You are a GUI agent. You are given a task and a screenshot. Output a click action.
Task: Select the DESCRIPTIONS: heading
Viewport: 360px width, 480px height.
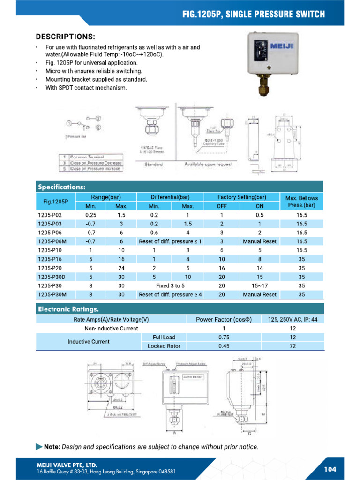tap(66, 36)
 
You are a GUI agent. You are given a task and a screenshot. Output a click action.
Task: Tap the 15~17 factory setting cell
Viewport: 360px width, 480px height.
tap(260, 285)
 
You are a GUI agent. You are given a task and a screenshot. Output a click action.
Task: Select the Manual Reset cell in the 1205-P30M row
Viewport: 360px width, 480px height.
tap(260, 294)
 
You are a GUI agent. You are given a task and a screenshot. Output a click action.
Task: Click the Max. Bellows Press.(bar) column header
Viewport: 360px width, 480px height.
tap(301, 202)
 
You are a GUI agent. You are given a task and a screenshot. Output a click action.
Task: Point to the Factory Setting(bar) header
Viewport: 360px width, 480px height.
tap(242, 197)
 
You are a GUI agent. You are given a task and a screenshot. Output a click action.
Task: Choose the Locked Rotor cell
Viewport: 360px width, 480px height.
tap(164, 346)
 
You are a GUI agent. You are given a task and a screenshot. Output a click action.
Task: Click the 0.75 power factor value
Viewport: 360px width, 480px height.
tap(224, 337)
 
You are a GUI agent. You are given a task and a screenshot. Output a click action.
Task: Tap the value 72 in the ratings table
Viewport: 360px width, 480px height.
tap(292, 346)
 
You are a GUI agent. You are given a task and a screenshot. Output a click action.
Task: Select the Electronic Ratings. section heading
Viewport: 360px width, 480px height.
tap(68, 309)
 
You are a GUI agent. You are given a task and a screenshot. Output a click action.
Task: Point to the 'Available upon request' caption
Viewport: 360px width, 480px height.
tap(208, 165)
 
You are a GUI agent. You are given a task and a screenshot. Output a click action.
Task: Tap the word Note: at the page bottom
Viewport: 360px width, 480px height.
tap(52, 447)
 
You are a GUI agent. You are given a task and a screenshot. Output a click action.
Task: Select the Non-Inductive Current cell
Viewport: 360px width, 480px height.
tap(111, 328)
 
